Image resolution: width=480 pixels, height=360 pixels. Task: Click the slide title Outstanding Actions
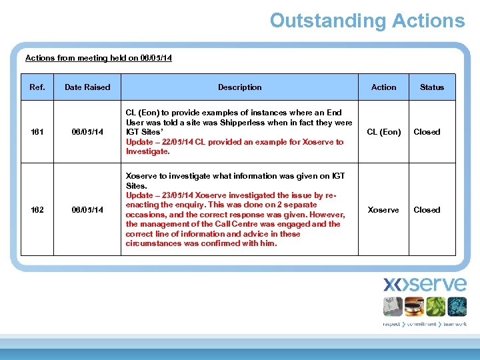pyautogui.click(x=367, y=21)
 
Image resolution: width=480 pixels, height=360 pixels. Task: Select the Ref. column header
pyautogui.click(x=37, y=87)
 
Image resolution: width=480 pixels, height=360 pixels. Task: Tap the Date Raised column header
pyautogui.click(x=87, y=87)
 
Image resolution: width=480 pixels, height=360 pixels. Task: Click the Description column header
pyautogui.click(x=239, y=87)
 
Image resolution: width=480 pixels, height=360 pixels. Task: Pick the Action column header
pyautogui.click(x=383, y=87)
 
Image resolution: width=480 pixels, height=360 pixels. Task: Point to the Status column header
pyautogui.click(x=431, y=87)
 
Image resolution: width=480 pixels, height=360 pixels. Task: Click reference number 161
pyautogui.click(x=37, y=132)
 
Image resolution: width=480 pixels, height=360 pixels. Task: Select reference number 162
pyautogui.click(x=37, y=210)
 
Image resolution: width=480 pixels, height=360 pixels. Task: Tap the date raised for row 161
pyautogui.click(x=87, y=132)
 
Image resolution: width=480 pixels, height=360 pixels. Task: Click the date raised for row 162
pyautogui.click(x=87, y=210)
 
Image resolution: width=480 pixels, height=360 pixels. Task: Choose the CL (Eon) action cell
pyautogui.click(x=384, y=132)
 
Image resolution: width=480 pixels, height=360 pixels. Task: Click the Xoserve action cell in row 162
pyautogui.click(x=383, y=210)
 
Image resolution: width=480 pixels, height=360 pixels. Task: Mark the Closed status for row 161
pyautogui.click(x=427, y=132)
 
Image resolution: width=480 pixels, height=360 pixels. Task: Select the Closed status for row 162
pyautogui.click(x=427, y=210)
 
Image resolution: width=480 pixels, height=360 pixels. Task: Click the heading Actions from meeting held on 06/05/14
pyautogui.click(x=98, y=58)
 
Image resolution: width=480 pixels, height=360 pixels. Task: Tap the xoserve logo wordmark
pyautogui.click(x=425, y=284)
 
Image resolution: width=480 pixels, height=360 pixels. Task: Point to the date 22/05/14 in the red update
pyautogui.click(x=173, y=142)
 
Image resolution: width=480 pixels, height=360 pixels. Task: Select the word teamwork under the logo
pyautogui.click(x=453, y=324)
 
